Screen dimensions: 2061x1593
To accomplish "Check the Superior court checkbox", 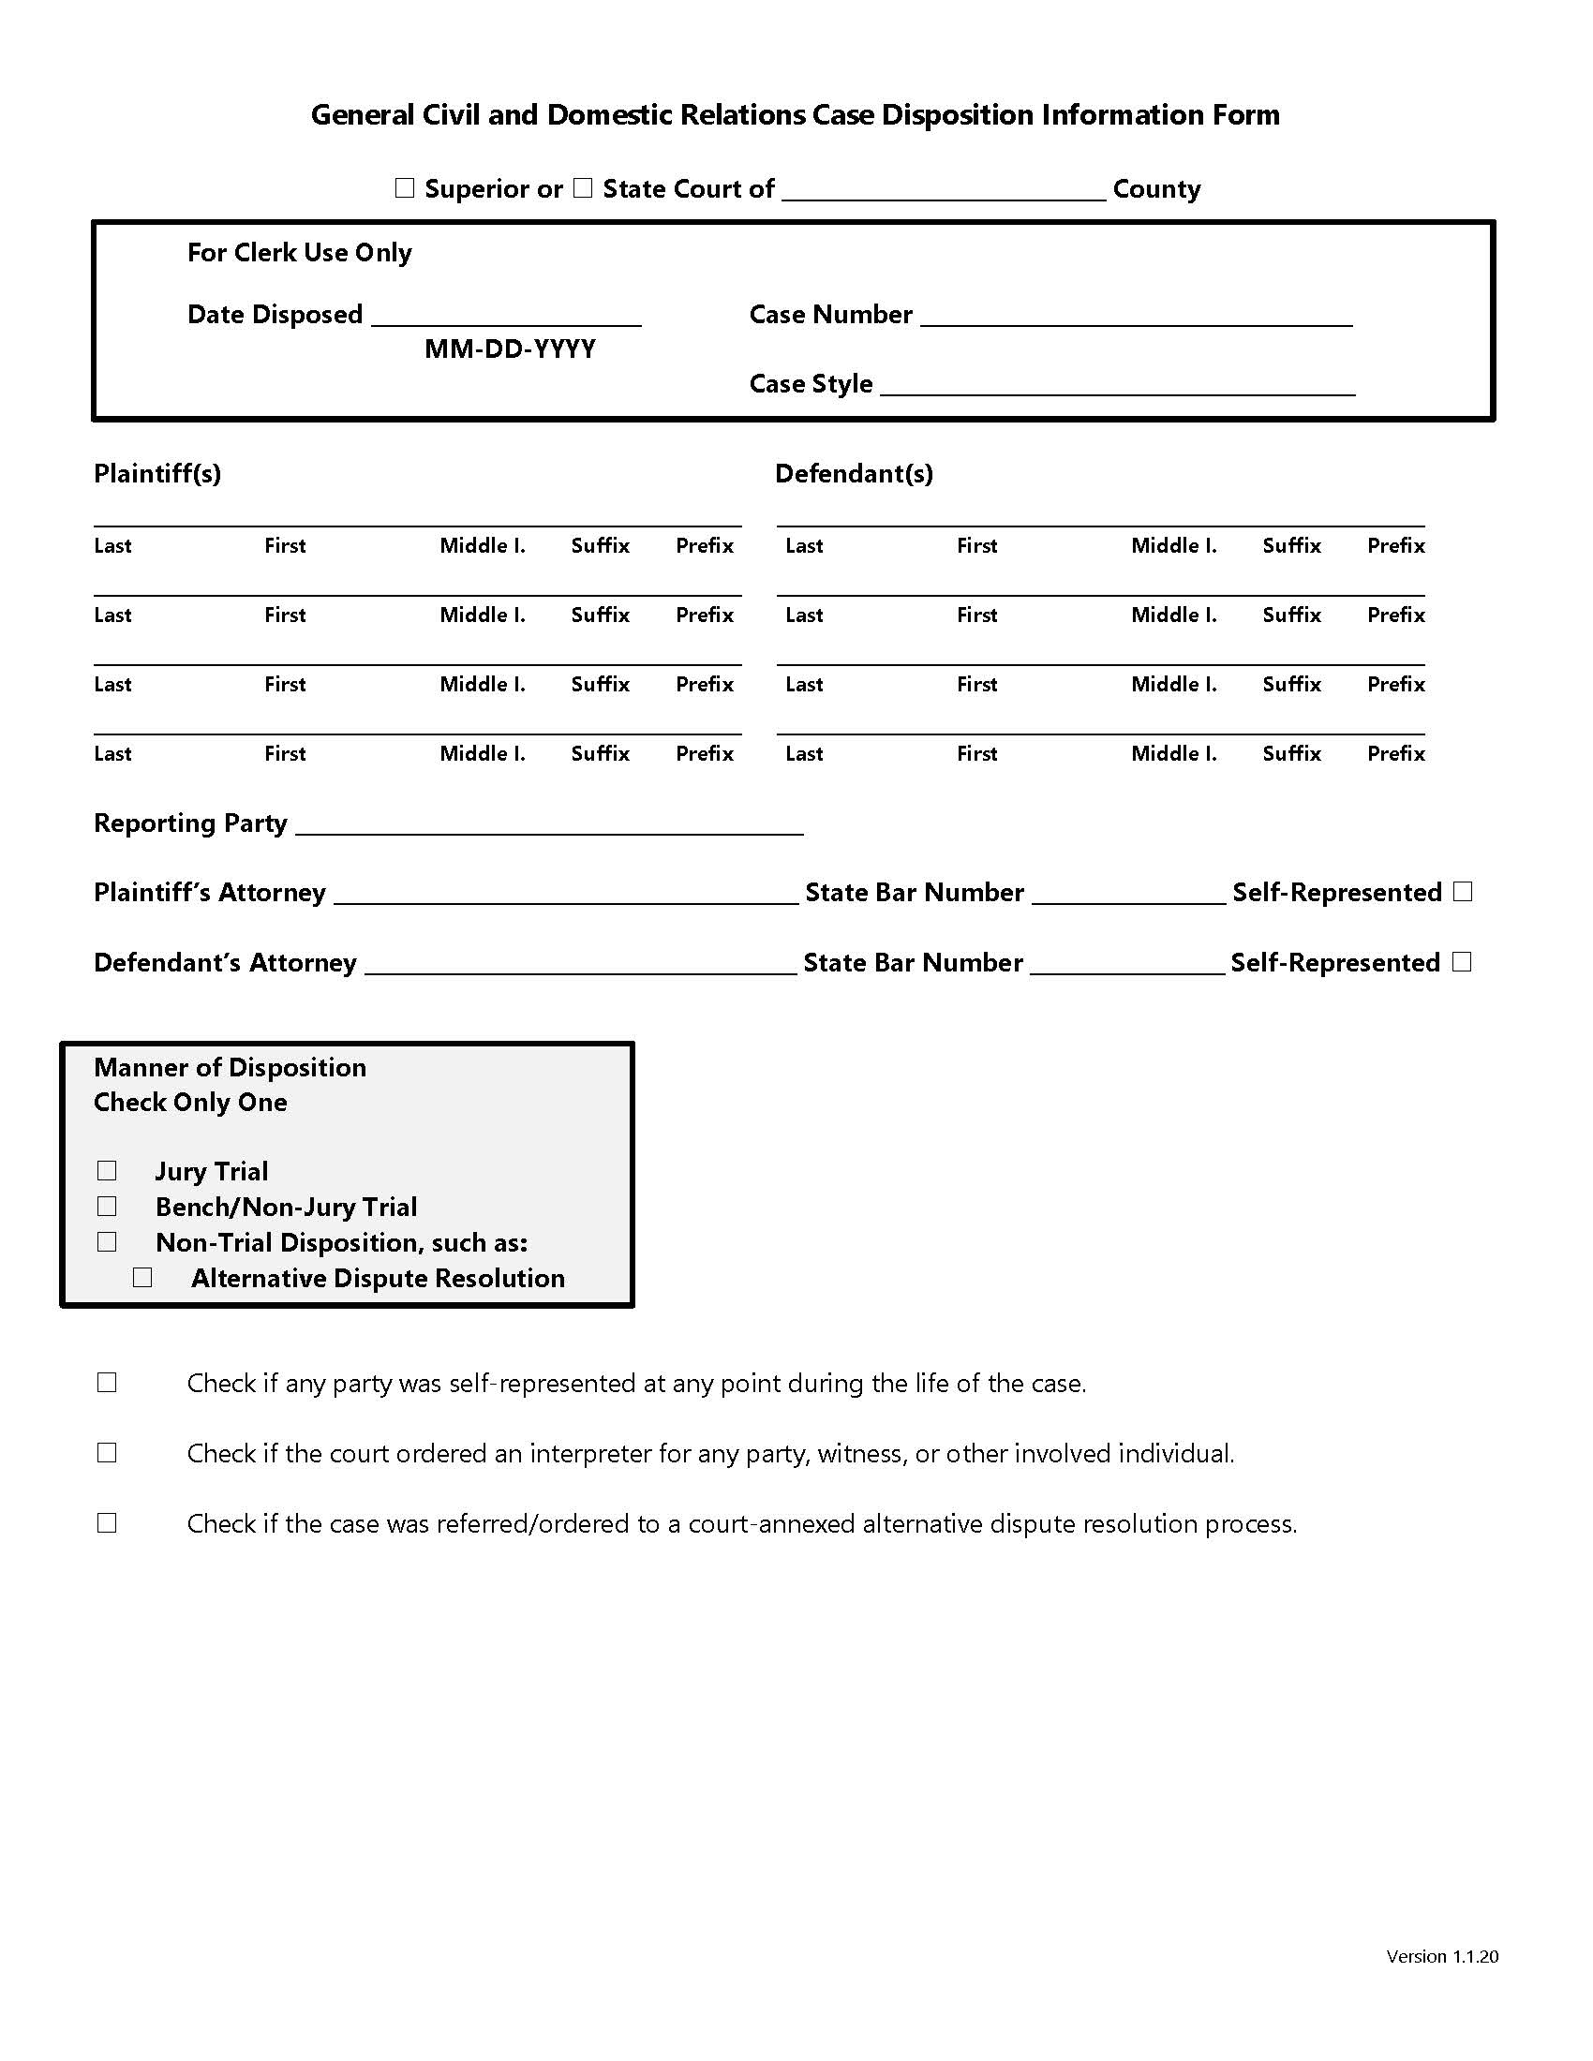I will coord(405,188).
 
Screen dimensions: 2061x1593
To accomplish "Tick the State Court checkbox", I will coord(583,188).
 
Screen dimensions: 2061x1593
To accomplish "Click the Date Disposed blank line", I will coord(506,316).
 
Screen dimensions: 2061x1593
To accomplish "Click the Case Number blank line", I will coord(1136,316).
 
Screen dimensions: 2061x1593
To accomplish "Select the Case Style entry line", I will coord(1117,386).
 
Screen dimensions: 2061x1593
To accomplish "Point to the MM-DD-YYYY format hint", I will coord(510,349).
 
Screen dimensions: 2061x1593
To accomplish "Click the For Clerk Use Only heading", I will coord(299,253).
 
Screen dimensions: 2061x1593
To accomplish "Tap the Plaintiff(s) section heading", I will coord(157,474).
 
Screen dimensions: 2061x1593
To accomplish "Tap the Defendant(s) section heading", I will coord(854,474).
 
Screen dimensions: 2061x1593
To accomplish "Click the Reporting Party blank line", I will coord(549,825).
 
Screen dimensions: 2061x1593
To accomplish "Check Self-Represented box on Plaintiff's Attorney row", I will coord(1463,892).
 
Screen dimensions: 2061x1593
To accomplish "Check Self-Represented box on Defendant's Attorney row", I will coord(1462,961).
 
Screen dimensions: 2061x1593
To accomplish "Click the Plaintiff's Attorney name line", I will coord(565,895).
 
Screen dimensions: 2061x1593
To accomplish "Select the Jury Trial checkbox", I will coord(107,1171).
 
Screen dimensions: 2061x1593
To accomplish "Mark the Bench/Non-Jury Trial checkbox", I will coord(107,1207).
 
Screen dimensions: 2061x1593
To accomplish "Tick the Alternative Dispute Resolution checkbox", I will coord(142,1278).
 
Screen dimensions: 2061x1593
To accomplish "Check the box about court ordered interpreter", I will coord(107,1453).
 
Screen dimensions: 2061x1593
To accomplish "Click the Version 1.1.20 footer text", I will coord(1441,1956).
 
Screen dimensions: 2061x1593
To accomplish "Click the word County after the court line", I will coord(1156,189).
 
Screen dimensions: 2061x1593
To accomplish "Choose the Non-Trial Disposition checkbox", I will coord(107,1242).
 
